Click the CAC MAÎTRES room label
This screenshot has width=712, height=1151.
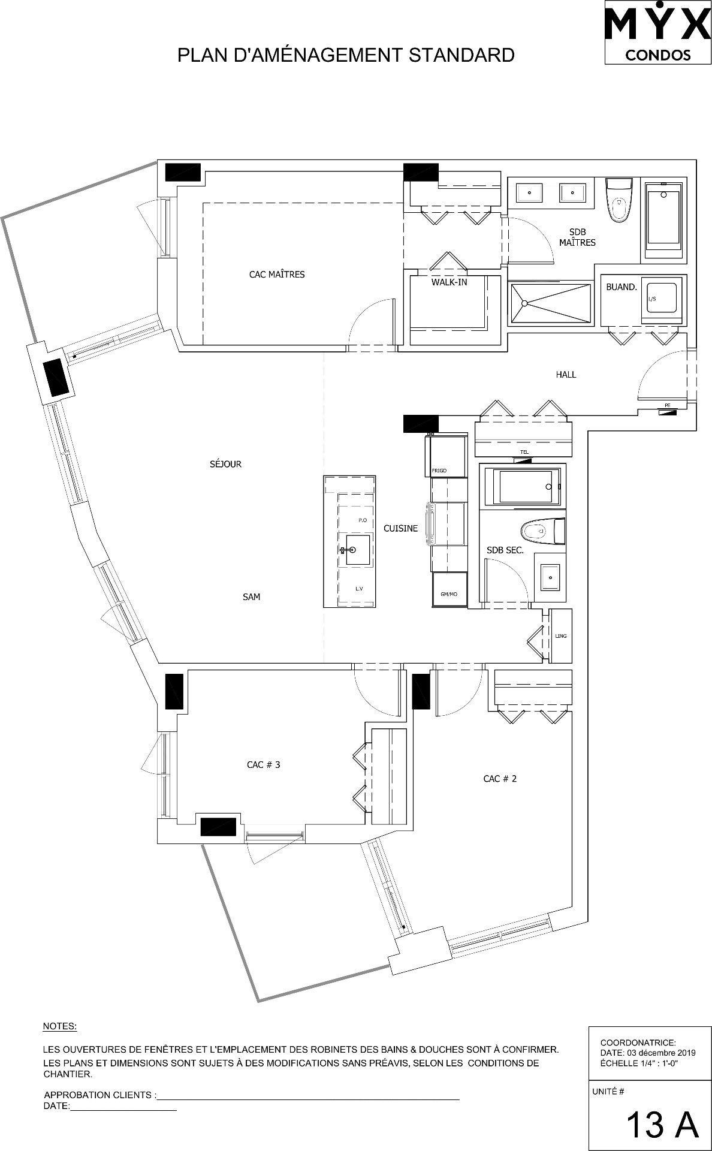[x=276, y=275]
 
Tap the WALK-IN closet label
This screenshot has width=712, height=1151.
[x=449, y=282]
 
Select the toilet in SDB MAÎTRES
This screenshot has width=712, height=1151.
[x=618, y=200]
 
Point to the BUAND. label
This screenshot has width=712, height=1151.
[x=621, y=287]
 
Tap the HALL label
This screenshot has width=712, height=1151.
[x=565, y=375]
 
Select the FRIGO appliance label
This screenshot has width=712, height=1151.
[x=439, y=471]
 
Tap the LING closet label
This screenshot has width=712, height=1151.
[x=561, y=636]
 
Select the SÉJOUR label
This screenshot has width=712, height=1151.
[x=225, y=464]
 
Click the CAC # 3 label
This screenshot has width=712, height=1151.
[x=263, y=765]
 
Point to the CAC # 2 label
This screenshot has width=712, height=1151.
[x=500, y=779]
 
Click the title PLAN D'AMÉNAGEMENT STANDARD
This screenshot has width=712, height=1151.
[x=346, y=55]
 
